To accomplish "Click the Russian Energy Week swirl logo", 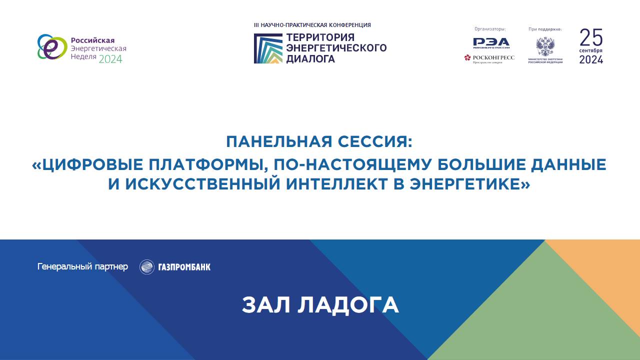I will (52, 47).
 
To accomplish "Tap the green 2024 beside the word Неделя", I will (110, 59).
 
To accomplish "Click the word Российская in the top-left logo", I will (93, 40).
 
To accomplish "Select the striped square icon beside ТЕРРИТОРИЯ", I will (268, 48).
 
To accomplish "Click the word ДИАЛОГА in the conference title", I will (310, 58).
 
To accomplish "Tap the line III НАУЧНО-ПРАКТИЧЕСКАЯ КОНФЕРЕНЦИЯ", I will (312, 25).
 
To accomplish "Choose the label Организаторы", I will (489, 29).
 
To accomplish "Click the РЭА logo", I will (491, 42).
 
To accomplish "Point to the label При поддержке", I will (545, 29).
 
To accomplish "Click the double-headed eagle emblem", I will (545, 46).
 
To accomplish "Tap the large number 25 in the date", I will (591, 37).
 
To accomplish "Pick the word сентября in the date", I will (591, 51).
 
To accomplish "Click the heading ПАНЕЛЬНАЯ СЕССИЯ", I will (319, 141).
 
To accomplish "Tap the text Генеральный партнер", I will (82, 266).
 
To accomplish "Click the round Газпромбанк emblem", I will (147, 267).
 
